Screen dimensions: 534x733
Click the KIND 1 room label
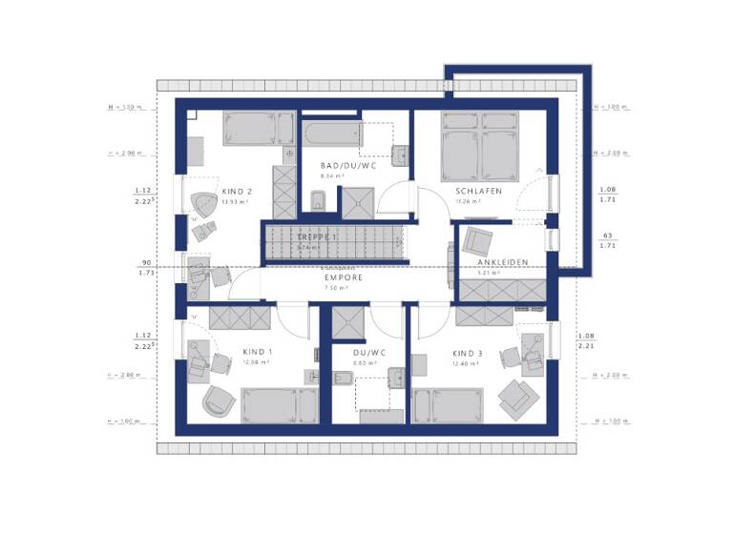tap(258, 352)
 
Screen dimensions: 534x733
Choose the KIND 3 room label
tap(468, 353)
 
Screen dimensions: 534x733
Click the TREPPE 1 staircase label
tap(316, 236)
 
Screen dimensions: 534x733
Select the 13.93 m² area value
tap(235, 202)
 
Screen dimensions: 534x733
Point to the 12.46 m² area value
tap(467, 363)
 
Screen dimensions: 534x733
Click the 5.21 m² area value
tap(489, 275)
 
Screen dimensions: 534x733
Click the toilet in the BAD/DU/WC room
tap(319, 200)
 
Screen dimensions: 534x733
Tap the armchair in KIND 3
tap(516, 395)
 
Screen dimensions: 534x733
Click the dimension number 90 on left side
tap(146, 262)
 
